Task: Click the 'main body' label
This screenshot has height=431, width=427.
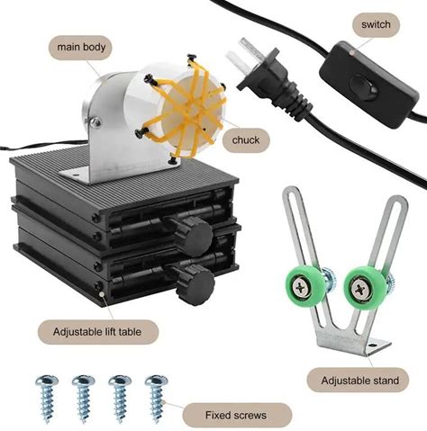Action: (x=80, y=48)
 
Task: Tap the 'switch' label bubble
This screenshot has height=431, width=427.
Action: (x=376, y=24)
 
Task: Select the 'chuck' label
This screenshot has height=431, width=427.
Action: (x=246, y=140)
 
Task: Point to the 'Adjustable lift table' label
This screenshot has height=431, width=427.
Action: (x=97, y=332)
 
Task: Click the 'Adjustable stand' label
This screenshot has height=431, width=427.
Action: (x=359, y=381)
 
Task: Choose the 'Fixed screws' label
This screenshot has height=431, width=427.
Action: (x=236, y=415)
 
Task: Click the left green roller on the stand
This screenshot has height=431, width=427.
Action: (x=304, y=287)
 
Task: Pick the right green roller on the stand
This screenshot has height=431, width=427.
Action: (x=363, y=287)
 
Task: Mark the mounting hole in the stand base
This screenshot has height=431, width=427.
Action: (x=373, y=346)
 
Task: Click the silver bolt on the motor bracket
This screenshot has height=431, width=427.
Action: (x=95, y=122)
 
